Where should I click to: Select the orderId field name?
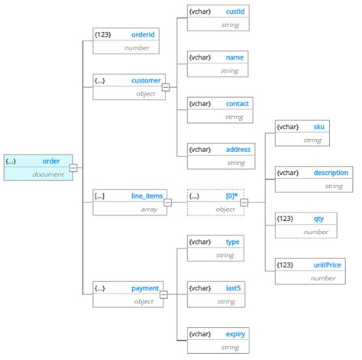coord(144,34)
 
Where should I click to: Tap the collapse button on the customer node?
coord(165,88)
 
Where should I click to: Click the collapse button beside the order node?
coord(73,168)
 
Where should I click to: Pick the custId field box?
coord(217,18)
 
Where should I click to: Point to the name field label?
coord(234,57)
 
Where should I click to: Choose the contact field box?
coord(217,109)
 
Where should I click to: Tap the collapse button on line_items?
coord(167,203)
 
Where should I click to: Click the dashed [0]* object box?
coord(215,202)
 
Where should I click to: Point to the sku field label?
coord(318,126)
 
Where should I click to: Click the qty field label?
coord(318,218)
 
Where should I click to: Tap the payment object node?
coord(127,294)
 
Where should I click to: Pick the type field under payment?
coord(217,248)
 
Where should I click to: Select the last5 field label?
coord(234,287)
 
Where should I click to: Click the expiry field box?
coord(217,340)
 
